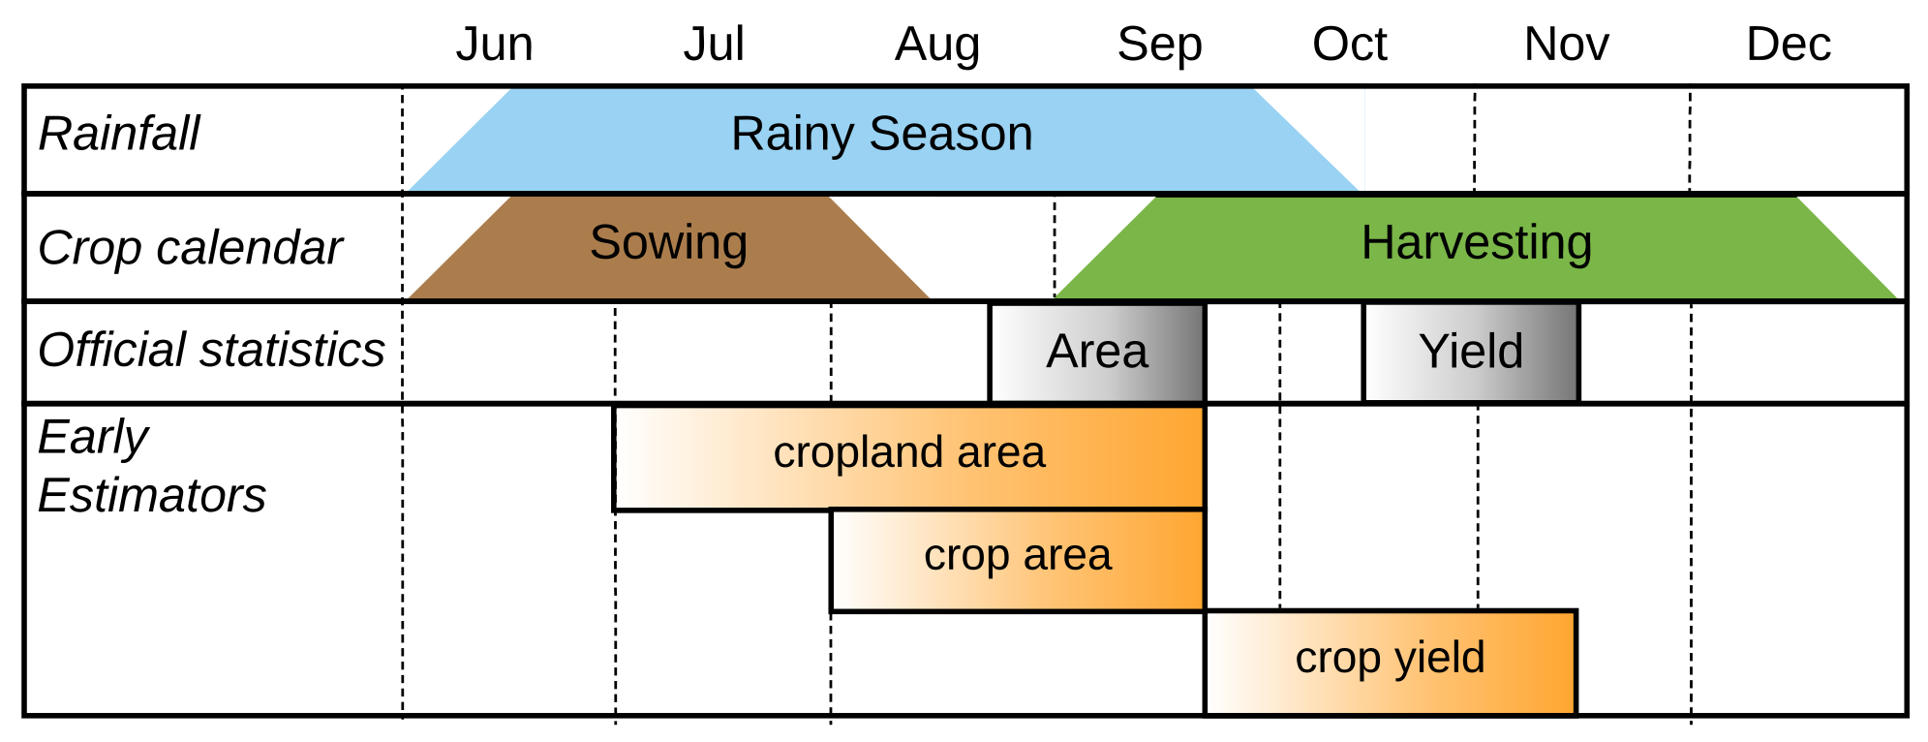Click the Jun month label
click(494, 45)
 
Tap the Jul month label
click(714, 45)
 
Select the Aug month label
click(936, 45)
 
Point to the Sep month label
click(1159, 45)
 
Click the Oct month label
click(1349, 45)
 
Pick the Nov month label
click(1566, 45)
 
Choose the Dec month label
click(1788, 45)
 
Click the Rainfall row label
click(118, 134)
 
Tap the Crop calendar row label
click(190, 248)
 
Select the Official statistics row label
click(211, 350)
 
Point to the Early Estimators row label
click(151, 466)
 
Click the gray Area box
click(1096, 352)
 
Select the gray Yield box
click(1470, 352)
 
